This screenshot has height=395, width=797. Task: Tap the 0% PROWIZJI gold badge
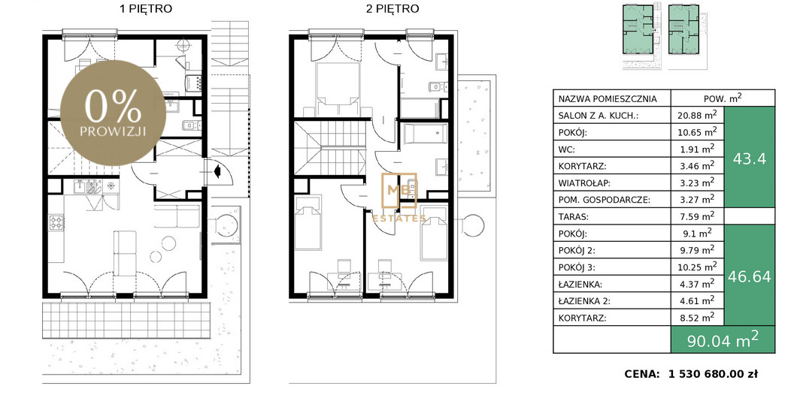pyautogui.click(x=113, y=113)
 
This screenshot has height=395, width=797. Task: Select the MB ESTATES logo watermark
pyautogui.click(x=399, y=197)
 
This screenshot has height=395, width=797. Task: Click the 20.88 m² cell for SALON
pyautogui.click(x=697, y=115)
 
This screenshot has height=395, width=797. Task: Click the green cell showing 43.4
pyautogui.click(x=750, y=158)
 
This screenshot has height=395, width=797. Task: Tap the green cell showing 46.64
pyautogui.click(x=750, y=276)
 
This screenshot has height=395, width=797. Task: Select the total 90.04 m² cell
pyautogui.click(x=723, y=339)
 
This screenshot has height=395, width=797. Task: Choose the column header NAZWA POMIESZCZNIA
pyautogui.click(x=608, y=98)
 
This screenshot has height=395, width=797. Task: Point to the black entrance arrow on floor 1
pyautogui.click(x=217, y=171)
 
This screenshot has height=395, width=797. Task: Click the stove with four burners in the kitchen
pyautogui.click(x=56, y=222)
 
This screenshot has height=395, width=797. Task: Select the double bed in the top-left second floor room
pyautogui.click(x=336, y=89)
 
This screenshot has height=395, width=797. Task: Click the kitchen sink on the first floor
pyautogui.click(x=85, y=187)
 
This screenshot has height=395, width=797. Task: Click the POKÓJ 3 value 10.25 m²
pyautogui.click(x=697, y=267)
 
